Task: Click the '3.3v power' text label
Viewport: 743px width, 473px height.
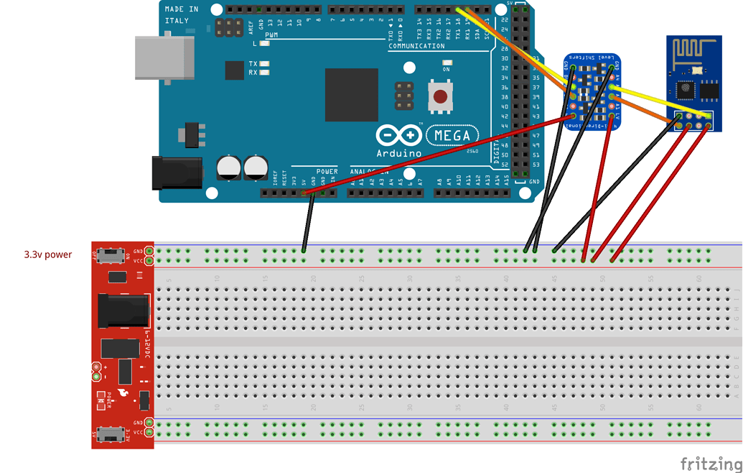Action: point(48,254)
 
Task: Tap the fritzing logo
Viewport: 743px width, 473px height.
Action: point(711,463)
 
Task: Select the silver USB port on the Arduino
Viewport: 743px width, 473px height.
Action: point(164,57)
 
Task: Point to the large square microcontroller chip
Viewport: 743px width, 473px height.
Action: point(351,95)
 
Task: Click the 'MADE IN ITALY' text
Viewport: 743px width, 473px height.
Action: point(182,15)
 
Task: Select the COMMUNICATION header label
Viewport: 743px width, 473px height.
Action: point(416,46)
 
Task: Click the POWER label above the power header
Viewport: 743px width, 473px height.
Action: point(327,171)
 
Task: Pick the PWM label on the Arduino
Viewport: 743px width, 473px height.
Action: point(271,35)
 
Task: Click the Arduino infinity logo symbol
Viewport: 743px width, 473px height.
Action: point(398,135)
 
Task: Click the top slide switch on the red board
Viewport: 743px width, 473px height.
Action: point(111,255)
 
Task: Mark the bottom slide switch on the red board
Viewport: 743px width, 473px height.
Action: point(111,434)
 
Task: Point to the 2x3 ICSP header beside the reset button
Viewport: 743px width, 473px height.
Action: point(404,96)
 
